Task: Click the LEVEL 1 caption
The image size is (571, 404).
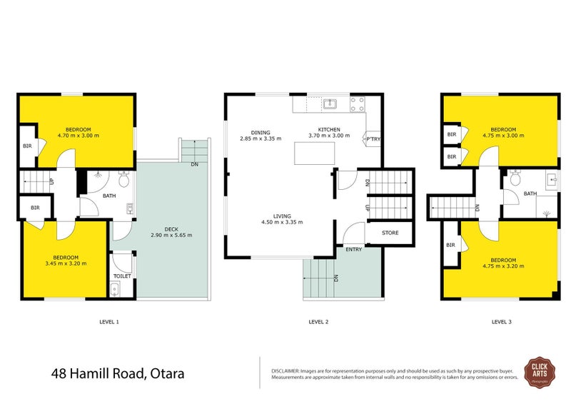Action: pos(108,322)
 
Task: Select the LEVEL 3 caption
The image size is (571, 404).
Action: pos(502,322)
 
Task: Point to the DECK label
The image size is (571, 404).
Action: pos(171,228)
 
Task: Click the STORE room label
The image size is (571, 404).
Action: pos(390,233)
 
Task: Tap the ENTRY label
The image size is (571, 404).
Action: pos(353,249)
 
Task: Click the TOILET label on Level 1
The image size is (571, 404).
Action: pos(121,276)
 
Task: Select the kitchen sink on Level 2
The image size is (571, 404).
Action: pos(330,105)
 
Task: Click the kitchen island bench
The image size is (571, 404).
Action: pos(315,153)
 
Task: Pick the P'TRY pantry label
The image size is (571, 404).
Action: pos(373,138)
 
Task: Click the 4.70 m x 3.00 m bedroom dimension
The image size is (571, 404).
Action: pos(79,135)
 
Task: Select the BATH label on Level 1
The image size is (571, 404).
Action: pos(109,195)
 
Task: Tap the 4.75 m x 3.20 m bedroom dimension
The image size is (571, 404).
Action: pos(503,266)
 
